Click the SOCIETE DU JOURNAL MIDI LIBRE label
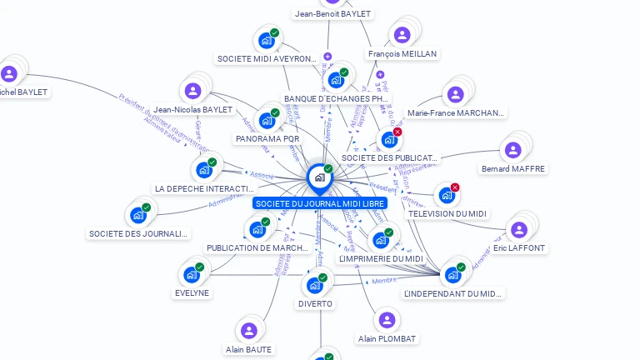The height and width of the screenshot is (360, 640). click(x=320, y=203)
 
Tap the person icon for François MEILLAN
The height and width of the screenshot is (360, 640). click(x=402, y=35)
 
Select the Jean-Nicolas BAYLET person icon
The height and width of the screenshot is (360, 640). click(x=193, y=91)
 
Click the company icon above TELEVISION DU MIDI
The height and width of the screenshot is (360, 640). click(x=447, y=196)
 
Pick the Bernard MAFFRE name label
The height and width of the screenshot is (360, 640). click(x=513, y=169)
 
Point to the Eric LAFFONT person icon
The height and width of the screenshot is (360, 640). click(x=519, y=230)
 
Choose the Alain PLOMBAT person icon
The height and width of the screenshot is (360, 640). click(x=387, y=320)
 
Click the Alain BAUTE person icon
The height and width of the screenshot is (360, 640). click(x=248, y=330)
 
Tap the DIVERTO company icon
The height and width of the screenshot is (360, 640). click(x=315, y=286)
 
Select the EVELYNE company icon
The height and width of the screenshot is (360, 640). click(x=192, y=274)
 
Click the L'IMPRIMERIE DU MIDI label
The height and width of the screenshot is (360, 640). click(x=381, y=259)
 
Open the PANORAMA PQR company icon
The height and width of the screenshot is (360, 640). click(x=267, y=120)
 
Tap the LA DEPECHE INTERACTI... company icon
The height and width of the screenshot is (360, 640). click(x=204, y=170)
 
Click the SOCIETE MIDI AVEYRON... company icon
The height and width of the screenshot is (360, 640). click(x=267, y=40)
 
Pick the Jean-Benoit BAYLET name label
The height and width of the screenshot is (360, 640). click(x=333, y=13)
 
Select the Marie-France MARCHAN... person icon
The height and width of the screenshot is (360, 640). click(x=455, y=94)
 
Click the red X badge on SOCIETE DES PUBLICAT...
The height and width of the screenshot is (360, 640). click(x=397, y=132)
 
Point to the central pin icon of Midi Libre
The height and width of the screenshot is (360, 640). click(x=319, y=177)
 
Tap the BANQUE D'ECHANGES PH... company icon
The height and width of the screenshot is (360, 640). click(x=336, y=80)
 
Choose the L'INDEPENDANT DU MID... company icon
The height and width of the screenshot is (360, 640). click(x=452, y=275)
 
